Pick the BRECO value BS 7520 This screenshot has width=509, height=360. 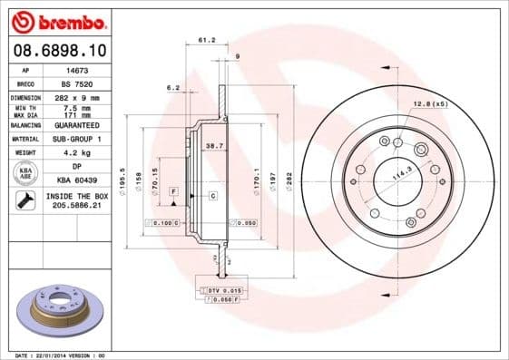(79, 83)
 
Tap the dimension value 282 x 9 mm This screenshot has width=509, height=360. (79, 96)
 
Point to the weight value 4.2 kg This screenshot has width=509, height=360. (79, 153)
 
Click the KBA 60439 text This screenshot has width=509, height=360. (79, 181)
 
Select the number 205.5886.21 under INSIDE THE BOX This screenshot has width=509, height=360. (79, 206)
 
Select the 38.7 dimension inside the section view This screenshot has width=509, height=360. (214, 146)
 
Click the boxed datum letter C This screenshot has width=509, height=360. (212, 196)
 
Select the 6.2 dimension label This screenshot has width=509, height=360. (172, 88)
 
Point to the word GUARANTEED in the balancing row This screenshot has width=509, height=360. (79, 124)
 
